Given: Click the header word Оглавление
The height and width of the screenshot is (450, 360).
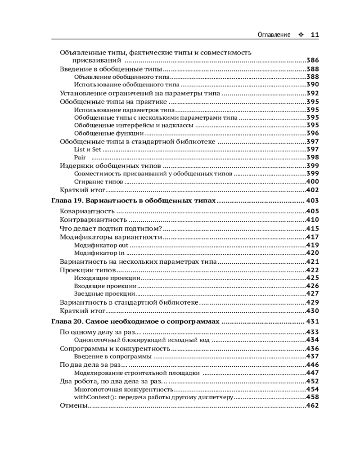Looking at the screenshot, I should click(274, 35).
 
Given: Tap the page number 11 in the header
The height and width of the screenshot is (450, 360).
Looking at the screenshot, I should click(315, 35).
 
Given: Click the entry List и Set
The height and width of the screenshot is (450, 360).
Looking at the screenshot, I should click(88, 149).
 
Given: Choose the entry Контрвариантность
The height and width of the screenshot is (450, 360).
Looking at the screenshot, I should click(93, 220).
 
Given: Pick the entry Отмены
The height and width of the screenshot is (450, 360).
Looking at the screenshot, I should click(73, 405).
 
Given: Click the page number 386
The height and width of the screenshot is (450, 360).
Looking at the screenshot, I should click(312, 60).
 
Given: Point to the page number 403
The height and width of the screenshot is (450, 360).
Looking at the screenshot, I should click(312, 201).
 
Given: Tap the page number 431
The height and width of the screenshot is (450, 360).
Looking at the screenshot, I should click(312, 322).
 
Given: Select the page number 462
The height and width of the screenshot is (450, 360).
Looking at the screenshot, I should click(312, 405).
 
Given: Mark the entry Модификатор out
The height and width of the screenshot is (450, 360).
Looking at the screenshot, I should click(101, 245).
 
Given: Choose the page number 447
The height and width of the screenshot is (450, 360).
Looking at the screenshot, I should click(312, 373).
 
